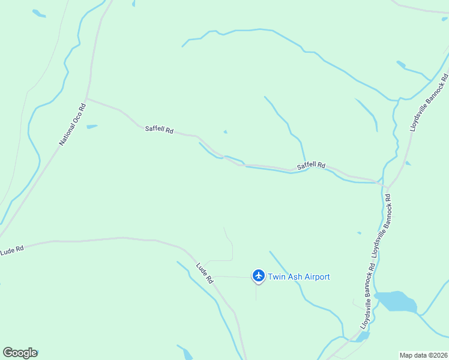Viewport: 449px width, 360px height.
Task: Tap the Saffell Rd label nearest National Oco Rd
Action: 159,129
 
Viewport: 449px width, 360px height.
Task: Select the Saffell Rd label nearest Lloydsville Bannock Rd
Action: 312,165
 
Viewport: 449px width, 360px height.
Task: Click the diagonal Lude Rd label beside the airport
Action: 205,273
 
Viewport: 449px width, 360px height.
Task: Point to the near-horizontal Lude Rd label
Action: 11,249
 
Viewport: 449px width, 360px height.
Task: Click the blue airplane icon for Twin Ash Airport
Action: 259,276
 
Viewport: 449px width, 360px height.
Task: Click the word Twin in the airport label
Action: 277,277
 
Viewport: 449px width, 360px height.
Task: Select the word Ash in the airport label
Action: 295,277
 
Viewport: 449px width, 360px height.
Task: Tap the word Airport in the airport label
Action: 317,277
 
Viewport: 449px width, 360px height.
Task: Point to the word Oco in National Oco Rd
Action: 73,124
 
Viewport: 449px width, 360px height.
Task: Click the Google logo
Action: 20,353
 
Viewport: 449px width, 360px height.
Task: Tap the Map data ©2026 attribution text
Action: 423,355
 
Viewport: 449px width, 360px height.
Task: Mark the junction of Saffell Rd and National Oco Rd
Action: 87,99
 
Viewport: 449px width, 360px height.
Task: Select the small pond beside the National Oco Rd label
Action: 92,127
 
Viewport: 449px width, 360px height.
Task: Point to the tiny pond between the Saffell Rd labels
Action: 226,132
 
